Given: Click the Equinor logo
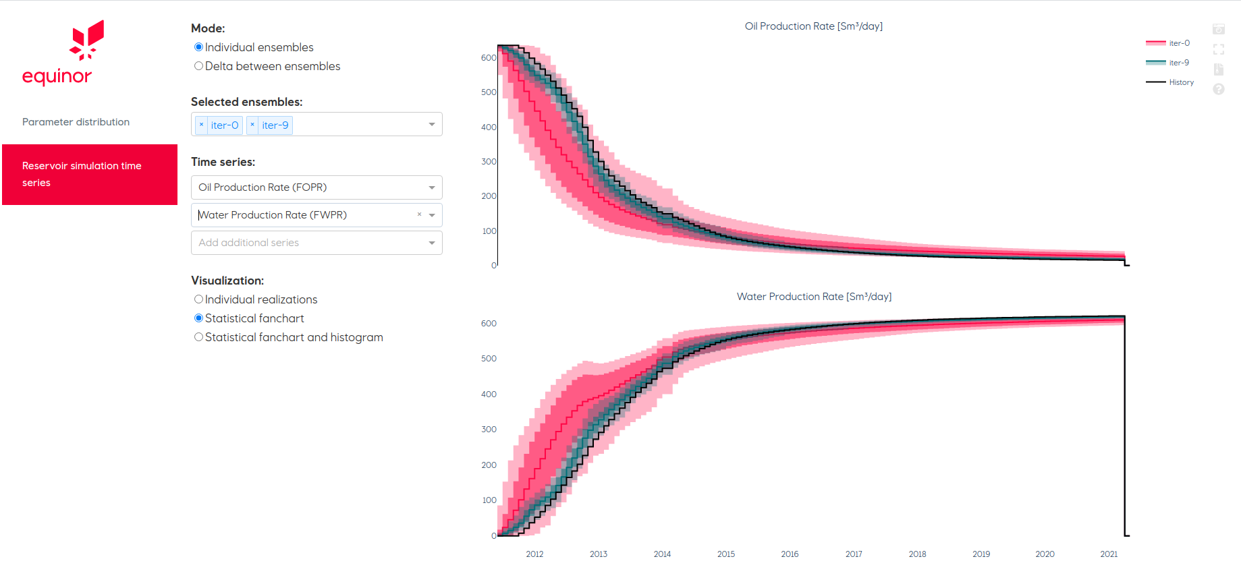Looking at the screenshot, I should tap(57, 53).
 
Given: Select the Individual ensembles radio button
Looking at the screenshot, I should tap(198, 47).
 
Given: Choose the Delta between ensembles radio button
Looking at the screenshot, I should tap(198, 66).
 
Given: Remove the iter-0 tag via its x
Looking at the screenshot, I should tap(201, 125).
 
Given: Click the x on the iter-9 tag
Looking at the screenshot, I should tap(252, 125).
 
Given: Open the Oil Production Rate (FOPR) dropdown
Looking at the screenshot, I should tap(316, 187).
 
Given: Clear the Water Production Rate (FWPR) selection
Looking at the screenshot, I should tap(419, 214).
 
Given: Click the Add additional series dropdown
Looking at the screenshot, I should tap(316, 243).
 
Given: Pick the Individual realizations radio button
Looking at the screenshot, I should tap(198, 299).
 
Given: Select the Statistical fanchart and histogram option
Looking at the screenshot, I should tap(198, 337).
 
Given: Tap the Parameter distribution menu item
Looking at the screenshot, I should tap(76, 122).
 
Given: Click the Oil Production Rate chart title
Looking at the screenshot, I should tap(813, 26).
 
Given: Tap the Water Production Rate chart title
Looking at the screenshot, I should tap(814, 297).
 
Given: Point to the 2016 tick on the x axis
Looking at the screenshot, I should tap(790, 554).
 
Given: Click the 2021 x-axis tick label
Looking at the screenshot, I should tap(1109, 554).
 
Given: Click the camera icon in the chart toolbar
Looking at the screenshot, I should tap(1218, 30).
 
